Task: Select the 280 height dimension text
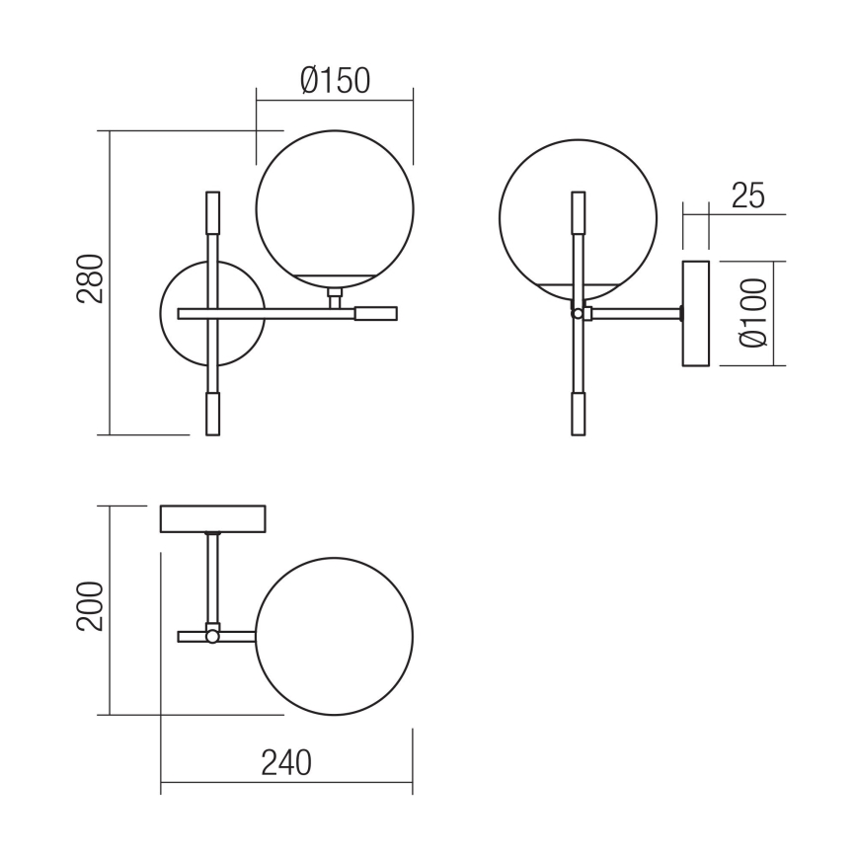click(x=90, y=280)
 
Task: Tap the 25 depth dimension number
click(x=747, y=195)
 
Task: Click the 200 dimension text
click(x=90, y=607)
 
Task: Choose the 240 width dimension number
click(x=285, y=762)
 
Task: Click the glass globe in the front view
click(x=334, y=207)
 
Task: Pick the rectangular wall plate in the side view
click(x=696, y=314)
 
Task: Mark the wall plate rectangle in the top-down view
click(x=213, y=518)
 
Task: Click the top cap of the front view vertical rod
click(x=212, y=212)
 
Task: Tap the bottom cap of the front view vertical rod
click(x=212, y=413)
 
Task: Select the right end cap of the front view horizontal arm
click(x=375, y=314)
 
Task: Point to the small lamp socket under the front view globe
click(x=336, y=295)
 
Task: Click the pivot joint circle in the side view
click(x=577, y=314)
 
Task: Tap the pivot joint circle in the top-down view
click(x=212, y=637)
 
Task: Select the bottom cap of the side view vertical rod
click(x=577, y=413)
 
